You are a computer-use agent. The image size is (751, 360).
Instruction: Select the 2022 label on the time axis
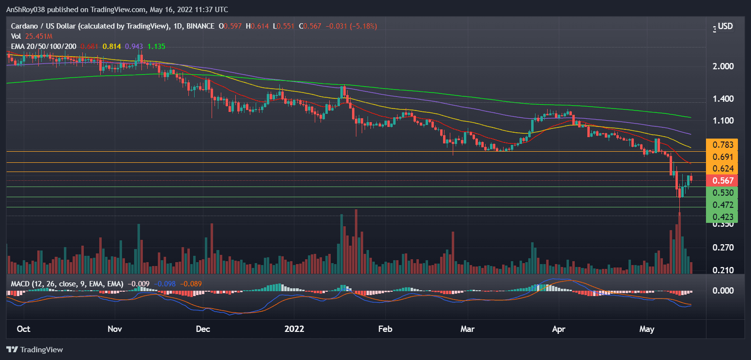pyautogui.click(x=294, y=329)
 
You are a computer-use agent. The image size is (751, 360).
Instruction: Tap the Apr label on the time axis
pyautogui.click(x=559, y=329)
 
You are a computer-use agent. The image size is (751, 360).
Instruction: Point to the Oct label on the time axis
pyautogui.click(x=23, y=329)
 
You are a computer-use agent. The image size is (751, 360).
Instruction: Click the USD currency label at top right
pyautogui.click(x=725, y=26)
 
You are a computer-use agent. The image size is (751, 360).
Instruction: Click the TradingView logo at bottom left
pyautogui.click(x=35, y=349)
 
